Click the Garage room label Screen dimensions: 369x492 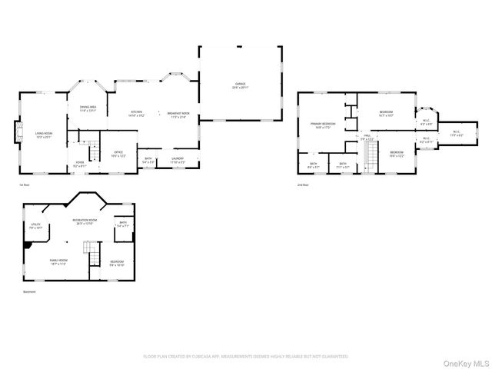[241, 85]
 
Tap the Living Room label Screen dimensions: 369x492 [43, 135]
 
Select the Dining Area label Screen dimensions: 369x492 [88, 108]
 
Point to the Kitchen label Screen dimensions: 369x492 [137, 114]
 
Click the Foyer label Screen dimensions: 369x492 [79, 164]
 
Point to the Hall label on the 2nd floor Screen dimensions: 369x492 [367, 137]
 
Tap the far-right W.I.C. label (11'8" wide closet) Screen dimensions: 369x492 [456, 133]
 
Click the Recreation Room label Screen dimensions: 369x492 [85, 222]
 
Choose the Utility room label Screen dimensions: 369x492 [35, 228]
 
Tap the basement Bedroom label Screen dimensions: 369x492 [116, 264]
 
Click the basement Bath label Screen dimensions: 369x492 [123, 224]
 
